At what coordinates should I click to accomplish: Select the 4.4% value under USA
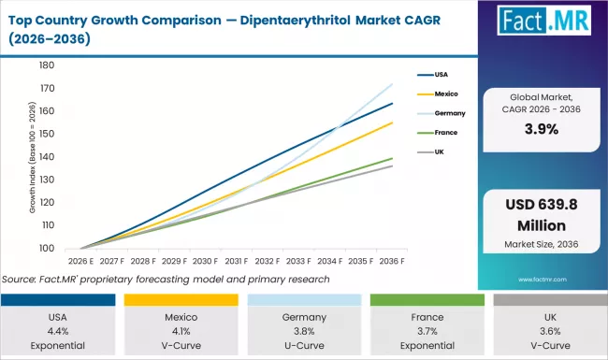pos(59,330)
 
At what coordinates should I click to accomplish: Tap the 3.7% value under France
pos(425,330)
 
